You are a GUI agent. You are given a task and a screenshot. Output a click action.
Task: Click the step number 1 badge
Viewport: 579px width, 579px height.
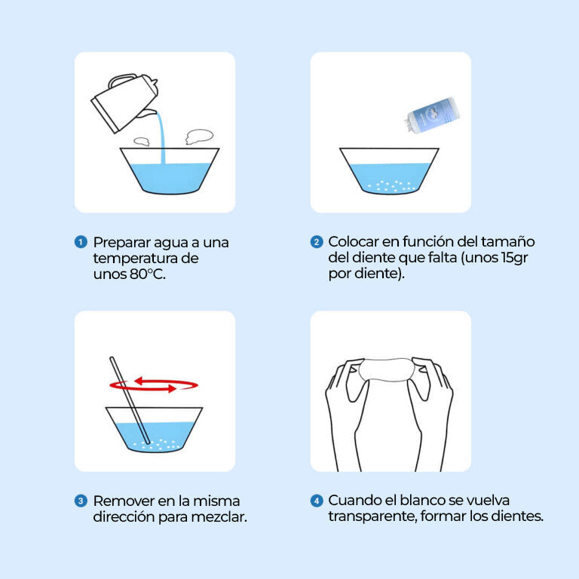pos(81,242)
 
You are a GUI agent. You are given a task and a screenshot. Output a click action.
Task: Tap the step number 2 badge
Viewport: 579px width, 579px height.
pos(317,242)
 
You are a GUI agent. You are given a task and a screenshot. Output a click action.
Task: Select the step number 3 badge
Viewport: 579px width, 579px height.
pos(81,501)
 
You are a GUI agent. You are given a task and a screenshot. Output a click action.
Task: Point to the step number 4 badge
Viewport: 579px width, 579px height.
pos(317,501)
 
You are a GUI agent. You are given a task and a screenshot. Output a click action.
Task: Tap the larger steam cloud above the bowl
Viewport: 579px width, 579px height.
pos(199,136)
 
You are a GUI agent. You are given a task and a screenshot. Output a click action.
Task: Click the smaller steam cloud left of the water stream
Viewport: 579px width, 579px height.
pos(142,141)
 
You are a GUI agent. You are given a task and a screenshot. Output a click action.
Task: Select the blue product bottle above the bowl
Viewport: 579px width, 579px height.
pos(432,115)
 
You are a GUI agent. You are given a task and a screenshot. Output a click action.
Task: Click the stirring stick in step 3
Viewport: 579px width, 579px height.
pos(130,400)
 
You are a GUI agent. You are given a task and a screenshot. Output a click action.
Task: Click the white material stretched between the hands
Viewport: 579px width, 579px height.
pos(386,369)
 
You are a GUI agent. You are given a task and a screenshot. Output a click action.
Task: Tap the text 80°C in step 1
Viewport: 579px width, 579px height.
pos(147,274)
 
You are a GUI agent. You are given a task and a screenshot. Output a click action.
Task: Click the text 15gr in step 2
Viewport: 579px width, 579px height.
pos(514,258)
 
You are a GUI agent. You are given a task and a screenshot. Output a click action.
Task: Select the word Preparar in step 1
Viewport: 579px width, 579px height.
pos(121,243)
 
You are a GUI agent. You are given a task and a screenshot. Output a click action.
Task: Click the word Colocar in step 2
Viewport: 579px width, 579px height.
pos(353,242)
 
